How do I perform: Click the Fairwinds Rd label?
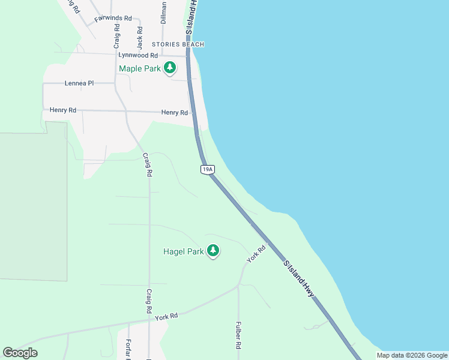pos(113,19)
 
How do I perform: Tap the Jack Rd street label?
pos(140,38)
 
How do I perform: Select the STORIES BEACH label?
pos(178,44)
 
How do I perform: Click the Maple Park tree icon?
pos(170,68)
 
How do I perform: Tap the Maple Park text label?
pos(140,68)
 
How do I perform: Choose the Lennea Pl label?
pos(79,83)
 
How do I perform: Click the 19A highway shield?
pos(207,170)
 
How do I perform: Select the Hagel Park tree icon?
pos(213,251)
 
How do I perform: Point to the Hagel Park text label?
pos(184,252)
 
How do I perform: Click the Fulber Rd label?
pos(238,337)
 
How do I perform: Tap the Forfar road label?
pos(128,349)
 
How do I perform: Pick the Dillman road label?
pos(163,12)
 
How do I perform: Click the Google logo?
pos(20,353)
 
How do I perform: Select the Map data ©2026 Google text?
pos(412,355)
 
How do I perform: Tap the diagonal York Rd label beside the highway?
pos(256,254)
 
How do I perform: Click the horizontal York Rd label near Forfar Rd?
pos(167,316)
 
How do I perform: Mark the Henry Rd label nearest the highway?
pos(175,113)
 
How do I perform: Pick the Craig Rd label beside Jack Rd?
pos(117,37)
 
